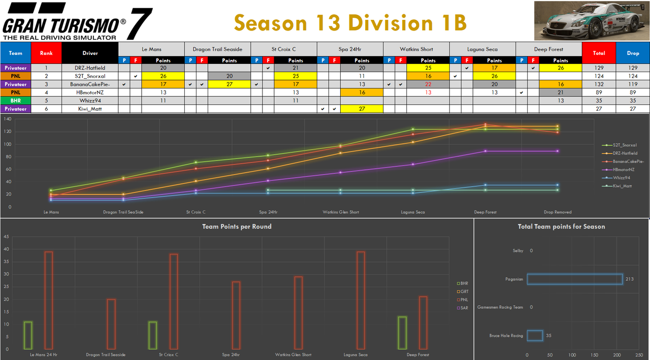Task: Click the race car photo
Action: [x=591, y=21]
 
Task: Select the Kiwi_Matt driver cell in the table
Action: [x=90, y=109]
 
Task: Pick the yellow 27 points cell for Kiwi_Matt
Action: [x=362, y=109]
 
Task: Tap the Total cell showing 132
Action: [x=598, y=84]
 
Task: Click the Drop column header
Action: [x=632, y=53]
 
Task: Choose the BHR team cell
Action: [x=15, y=101]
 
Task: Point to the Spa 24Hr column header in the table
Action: [x=350, y=49]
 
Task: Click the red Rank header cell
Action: [x=46, y=53]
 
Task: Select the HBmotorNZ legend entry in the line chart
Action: [x=624, y=170]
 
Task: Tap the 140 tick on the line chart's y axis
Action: [x=7, y=119]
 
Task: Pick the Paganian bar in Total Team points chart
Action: [x=574, y=279]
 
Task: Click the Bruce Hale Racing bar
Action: [x=535, y=336]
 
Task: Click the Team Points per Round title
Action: [x=237, y=226]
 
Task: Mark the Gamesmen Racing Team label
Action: [x=500, y=307]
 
